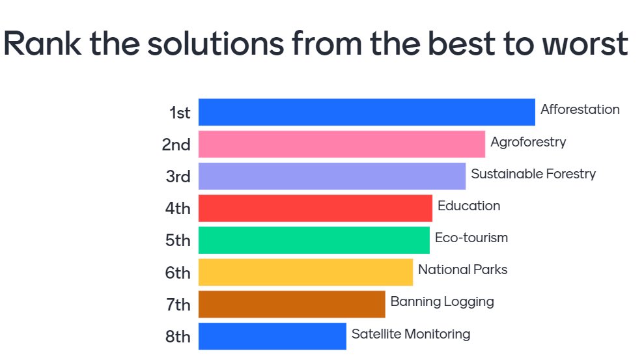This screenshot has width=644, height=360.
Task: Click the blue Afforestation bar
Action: click(x=367, y=112)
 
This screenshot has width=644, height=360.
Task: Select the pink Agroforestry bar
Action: click(x=341, y=144)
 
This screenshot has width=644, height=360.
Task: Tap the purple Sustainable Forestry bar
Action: click(x=331, y=176)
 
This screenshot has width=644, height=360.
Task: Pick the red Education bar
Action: click(x=315, y=208)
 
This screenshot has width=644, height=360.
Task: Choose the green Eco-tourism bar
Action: click(x=314, y=240)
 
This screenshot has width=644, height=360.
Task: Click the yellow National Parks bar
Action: click(x=305, y=272)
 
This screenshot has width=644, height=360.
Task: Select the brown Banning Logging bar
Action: click(x=292, y=304)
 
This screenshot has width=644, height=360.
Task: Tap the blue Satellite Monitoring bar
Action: click(x=272, y=336)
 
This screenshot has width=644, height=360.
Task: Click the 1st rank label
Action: click(x=180, y=113)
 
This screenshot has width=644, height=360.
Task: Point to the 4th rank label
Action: click(x=178, y=208)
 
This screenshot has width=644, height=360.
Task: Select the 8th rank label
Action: click(x=178, y=337)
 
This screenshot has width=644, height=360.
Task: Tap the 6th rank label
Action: click(x=178, y=273)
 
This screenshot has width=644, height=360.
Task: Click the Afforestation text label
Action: click(x=580, y=109)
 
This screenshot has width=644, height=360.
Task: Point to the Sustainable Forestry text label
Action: click(x=533, y=174)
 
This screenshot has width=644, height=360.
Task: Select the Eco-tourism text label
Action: click(x=471, y=238)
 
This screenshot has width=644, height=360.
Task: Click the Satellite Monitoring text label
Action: click(x=411, y=334)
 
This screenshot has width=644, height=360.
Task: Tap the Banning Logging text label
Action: click(x=442, y=302)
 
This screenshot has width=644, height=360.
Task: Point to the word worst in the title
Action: click(x=580, y=44)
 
